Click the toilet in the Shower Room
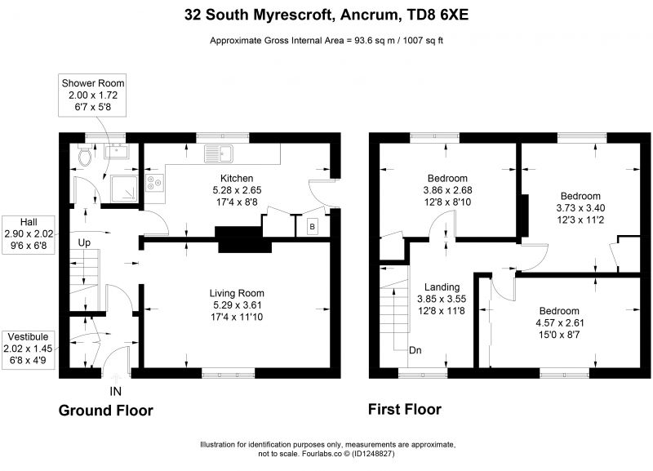tap(85, 155)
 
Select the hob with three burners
tap(154, 183)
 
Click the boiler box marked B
tap(312, 227)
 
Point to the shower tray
tap(124, 189)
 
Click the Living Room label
tap(237, 293)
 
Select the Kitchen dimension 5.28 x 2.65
tap(237, 190)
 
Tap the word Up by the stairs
tap(84, 242)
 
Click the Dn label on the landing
tap(415, 350)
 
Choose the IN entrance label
tap(115, 392)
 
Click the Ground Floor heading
tap(106, 411)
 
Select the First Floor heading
tap(404, 409)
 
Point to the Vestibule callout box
tap(29, 349)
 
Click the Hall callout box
tap(29, 234)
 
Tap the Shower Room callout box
tap(92, 96)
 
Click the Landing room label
tap(442, 287)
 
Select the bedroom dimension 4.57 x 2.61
tap(559, 322)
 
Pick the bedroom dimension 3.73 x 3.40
tap(580, 208)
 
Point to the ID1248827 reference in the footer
tap(373, 454)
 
